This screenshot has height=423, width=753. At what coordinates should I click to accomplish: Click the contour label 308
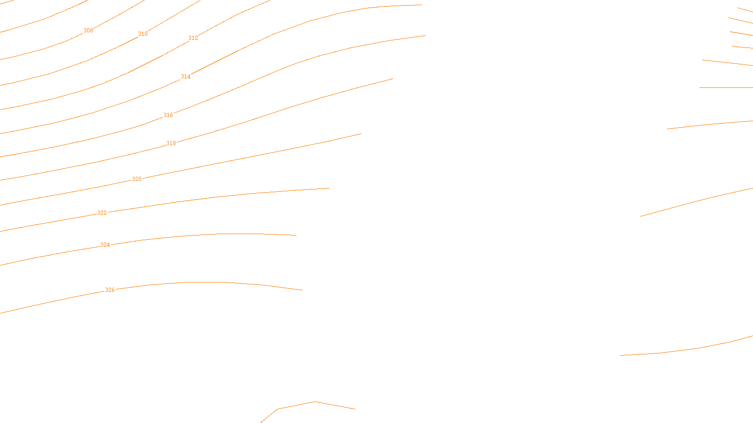point(88,31)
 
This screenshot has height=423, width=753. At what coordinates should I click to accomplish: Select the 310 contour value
point(143,34)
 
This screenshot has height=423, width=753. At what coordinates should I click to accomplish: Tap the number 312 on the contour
point(193,38)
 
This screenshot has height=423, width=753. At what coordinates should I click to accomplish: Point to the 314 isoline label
point(185,77)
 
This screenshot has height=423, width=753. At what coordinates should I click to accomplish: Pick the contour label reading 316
point(168,115)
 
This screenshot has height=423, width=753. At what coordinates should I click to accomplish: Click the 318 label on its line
point(171,143)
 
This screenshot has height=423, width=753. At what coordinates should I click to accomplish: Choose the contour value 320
point(136,179)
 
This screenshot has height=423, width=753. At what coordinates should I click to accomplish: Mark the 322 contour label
point(102,213)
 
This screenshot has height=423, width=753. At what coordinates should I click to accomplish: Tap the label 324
point(105,245)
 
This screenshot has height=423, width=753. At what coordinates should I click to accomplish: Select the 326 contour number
point(110,290)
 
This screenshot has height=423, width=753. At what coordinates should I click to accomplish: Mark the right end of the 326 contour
point(303,290)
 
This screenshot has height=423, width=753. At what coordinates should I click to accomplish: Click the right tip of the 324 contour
point(296,235)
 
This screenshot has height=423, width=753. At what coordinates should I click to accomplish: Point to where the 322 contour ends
point(329,188)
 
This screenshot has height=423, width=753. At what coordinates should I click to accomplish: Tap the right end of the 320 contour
point(361,133)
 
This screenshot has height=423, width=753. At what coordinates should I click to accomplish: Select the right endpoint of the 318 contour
point(393,78)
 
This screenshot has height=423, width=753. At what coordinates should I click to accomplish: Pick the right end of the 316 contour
point(426,35)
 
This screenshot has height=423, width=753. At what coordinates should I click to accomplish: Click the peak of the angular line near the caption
point(315,401)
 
